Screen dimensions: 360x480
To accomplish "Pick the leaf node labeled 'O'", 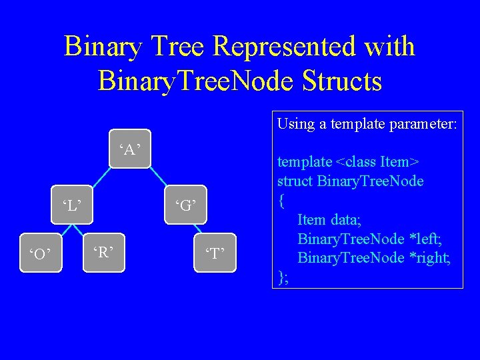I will pos(41,254).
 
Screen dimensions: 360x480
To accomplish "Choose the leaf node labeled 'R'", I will pos(103,252).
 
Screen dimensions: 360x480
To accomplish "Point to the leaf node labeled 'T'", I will pos(215,254).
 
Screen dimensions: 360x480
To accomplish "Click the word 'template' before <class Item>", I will pos(305,161).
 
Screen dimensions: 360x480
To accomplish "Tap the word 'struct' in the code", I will pos(295,181).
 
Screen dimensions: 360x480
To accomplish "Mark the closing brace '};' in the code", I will pos(283,277).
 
